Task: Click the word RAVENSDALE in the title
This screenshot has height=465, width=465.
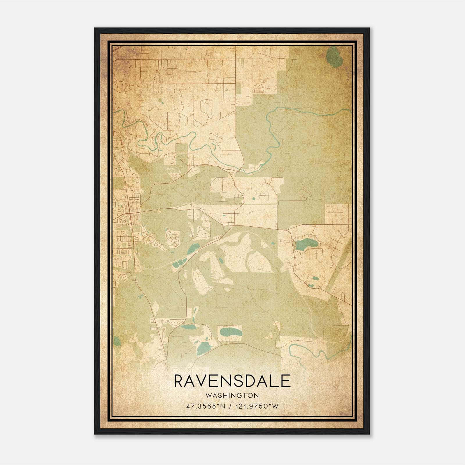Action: click(x=232, y=381)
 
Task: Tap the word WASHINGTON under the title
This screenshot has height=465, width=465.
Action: click(x=232, y=395)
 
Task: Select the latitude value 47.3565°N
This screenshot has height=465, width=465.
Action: click(x=206, y=406)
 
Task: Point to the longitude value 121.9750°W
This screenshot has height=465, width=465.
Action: click(x=257, y=406)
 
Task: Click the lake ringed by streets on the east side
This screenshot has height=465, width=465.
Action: click(x=304, y=245)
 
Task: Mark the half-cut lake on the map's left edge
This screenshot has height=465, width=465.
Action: click(x=116, y=341)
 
